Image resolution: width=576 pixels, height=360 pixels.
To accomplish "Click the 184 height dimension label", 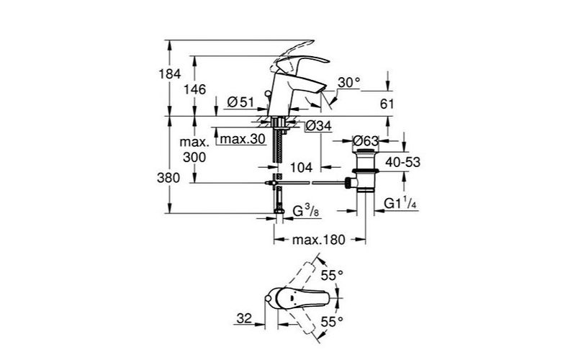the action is tap(170, 74).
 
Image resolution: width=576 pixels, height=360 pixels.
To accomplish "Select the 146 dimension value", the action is tap(195, 89).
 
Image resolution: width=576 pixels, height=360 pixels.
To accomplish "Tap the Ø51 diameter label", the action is tap(241, 102).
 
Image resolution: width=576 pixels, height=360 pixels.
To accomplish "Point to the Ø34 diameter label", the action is tap(319, 126).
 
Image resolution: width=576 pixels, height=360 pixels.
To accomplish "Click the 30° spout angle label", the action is tap(349, 83).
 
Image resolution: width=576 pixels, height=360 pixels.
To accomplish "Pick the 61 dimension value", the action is tap(387, 104).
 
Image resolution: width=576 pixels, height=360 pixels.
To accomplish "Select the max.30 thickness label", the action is tap(243, 139).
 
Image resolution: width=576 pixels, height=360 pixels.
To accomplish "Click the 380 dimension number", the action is tap(168, 178).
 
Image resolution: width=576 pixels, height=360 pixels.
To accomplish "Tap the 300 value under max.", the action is tap(194, 158).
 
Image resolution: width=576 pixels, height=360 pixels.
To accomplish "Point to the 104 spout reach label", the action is tap(301, 168).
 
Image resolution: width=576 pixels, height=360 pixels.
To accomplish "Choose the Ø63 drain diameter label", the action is tap(366, 140).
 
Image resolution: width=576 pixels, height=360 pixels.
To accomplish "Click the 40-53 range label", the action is tap(403, 162).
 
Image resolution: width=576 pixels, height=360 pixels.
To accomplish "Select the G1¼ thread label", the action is tap(401, 203).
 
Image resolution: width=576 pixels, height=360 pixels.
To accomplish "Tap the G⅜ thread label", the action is tap(305, 211).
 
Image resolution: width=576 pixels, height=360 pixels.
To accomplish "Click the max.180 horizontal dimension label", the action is tap(319, 240).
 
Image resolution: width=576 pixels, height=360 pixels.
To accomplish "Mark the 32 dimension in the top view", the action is tap(244, 318).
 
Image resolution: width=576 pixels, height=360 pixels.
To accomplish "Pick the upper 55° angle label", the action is tap(332, 275).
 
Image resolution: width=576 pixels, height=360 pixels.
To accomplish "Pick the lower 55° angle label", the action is tap(332, 322).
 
